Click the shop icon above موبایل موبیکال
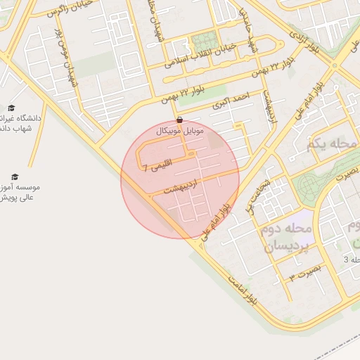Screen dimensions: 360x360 tap(181, 120)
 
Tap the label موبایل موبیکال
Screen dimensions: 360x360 tap(180, 131)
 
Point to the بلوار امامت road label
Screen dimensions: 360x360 tap(243, 288)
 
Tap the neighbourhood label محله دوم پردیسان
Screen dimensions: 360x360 tap(288, 238)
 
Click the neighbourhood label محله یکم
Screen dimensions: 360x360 tap(333, 145)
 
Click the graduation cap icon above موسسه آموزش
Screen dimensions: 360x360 tap(15, 176)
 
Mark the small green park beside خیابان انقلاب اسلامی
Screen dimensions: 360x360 tap(205, 41)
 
